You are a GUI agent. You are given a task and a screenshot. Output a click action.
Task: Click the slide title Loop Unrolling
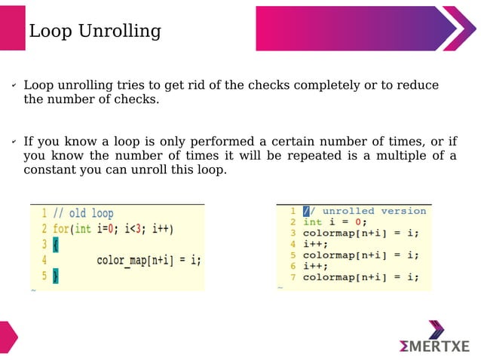pyautogui.click(x=94, y=31)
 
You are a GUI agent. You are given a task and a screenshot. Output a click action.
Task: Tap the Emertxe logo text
pyautogui.click(x=434, y=346)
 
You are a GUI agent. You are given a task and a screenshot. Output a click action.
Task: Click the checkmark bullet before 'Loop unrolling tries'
pyautogui.click(x=14, y=86)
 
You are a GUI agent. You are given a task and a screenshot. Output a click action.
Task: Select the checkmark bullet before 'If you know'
pyautogui.click(x=14, y=142)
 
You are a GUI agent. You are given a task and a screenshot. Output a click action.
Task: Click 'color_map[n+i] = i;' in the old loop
pyautogui.click(x=149, y=261)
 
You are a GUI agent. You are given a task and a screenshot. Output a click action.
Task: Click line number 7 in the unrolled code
pyautogui.click(x=293, y=277)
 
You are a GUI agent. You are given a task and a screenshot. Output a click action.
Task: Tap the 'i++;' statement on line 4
pyautogui.click(x=315, y=244)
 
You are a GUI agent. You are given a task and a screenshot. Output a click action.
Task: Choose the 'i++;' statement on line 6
pyautogui.click(x=315, y=266)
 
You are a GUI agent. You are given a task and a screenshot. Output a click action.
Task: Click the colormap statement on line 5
pyautogui.click(x=360, y=255)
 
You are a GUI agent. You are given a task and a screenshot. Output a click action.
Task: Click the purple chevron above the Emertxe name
pyautogui.click(x=436, y=329)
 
